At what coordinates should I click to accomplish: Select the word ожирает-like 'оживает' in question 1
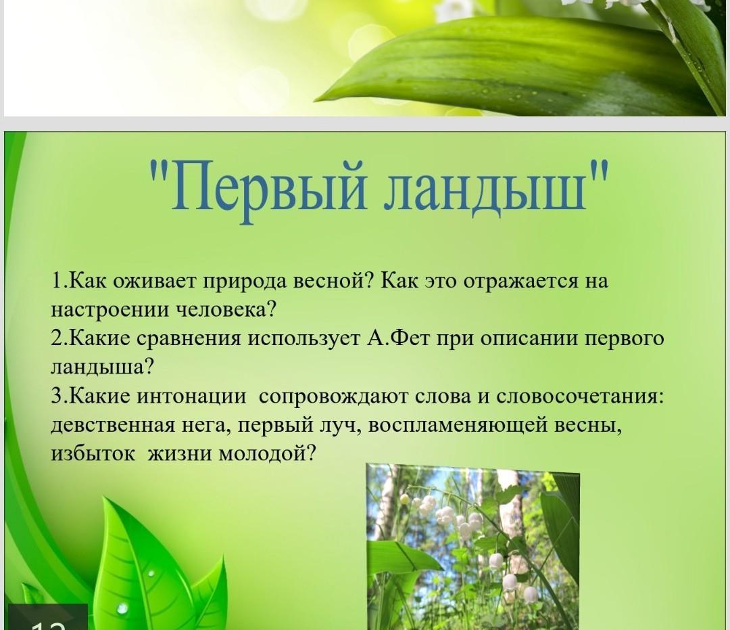pyautogui.click(x=155, y=281)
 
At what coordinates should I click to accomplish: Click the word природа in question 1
pyautogui.click(x=246, y=282)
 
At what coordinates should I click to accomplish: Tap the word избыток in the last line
pyautogui.click(x=93, y=453)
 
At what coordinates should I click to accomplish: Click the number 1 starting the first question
pyautogui.click(x=56, y=281)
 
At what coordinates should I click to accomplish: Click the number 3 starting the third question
pyautogui.click(x=56, y=397)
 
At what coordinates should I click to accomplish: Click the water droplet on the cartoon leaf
pyautogui.click(x=122, y=608)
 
